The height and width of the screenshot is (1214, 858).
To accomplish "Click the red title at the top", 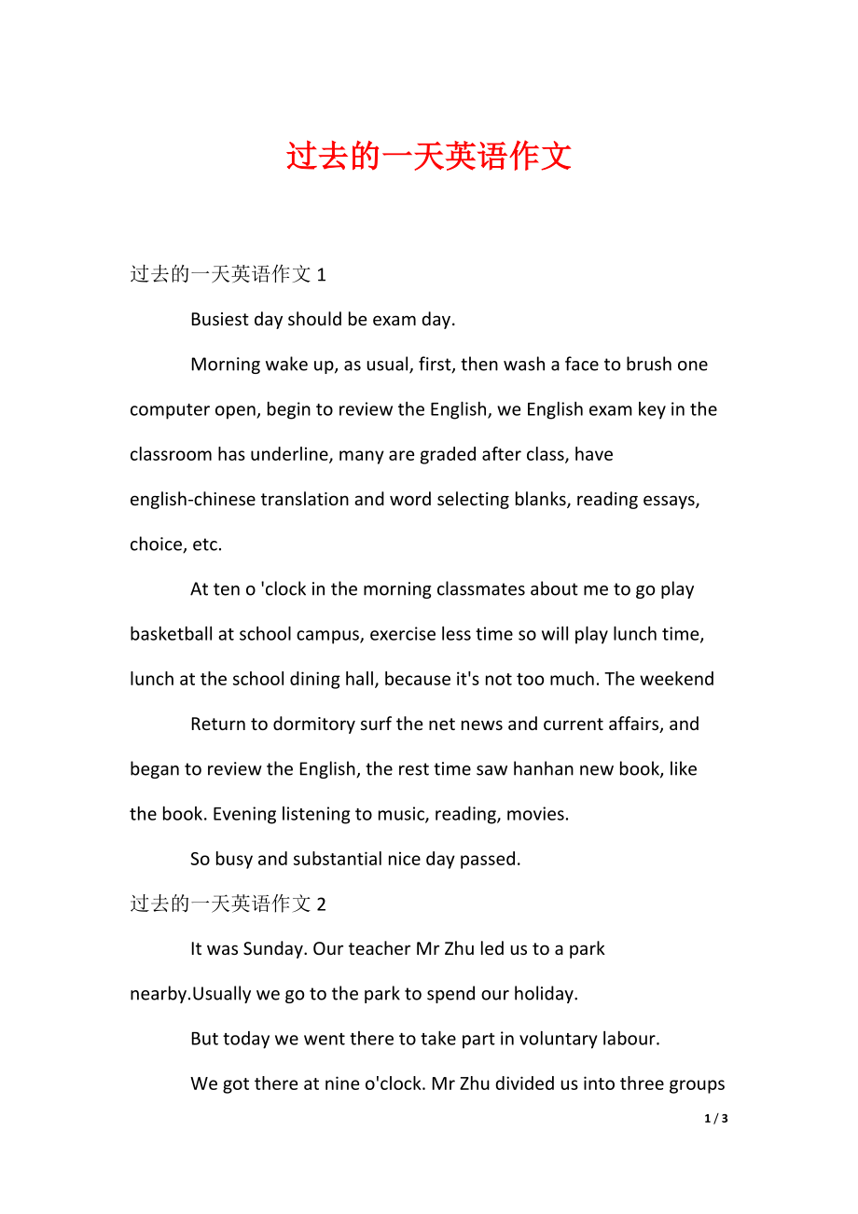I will click(428, 156).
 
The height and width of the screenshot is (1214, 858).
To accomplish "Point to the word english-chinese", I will click(192, 499).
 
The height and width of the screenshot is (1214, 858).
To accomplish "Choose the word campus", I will click(329, 634).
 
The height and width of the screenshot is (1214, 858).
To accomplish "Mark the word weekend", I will click(678, 679).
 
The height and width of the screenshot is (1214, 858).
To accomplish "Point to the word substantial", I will click(339, 859).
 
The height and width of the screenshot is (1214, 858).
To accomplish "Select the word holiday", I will click(544, 994).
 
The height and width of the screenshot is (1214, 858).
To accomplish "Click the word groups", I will click(695, 1083).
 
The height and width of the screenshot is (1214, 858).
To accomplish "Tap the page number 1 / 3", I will click(716, 1118).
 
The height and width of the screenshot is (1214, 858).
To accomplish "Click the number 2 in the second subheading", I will click(322, 904).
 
